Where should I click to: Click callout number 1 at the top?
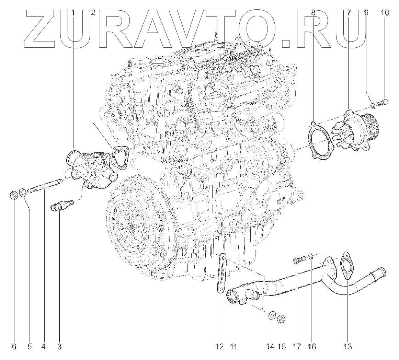point(73,13)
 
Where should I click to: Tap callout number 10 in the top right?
point(385,13)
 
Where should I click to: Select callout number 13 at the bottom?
point(348,347)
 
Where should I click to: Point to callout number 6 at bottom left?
point(14,347)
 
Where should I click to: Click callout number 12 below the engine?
point(220,347)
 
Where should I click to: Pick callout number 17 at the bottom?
point(297,347)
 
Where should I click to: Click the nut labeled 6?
point(14,196)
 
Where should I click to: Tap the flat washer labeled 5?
point(22,193)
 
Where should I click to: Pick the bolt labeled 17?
point(298,260)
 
